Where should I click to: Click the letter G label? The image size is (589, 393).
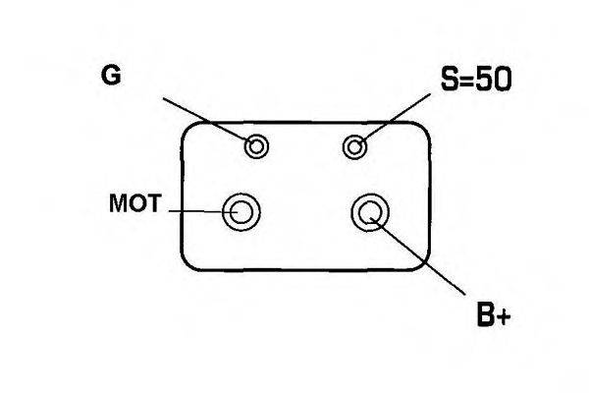(111, 76)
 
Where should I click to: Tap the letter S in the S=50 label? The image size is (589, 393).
(451, 79)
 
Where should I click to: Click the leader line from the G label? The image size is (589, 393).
(209, 122)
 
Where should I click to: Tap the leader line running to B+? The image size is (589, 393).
(418, 255)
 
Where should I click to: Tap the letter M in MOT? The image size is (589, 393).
(119, 203)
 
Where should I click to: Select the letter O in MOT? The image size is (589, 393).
(137, 203)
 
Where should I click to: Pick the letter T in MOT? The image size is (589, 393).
(153, 203)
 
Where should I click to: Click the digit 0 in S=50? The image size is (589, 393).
(503, 80)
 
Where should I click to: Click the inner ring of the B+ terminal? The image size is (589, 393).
(370, 202)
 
